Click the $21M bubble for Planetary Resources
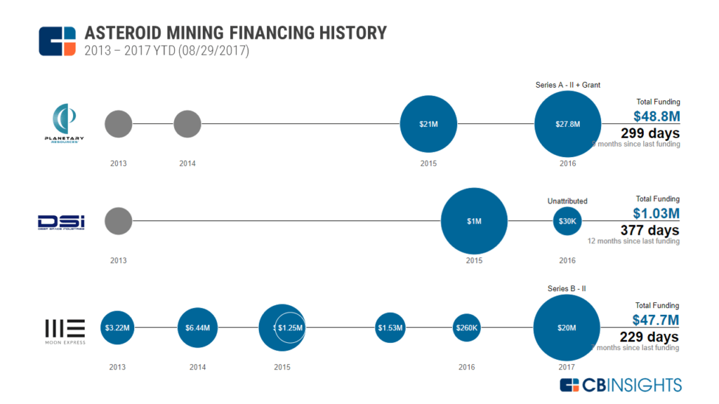[x=428, y=124]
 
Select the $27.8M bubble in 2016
[x=567, y=124]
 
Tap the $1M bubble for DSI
[x=474, y=221]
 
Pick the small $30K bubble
[x=567, y=221]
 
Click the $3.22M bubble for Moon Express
[x=117, y=328]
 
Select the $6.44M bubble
[x=197, y=328]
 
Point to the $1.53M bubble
[x=390, y=328]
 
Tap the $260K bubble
[x=466, y=328]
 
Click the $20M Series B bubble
[x=567, y=328]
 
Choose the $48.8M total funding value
[x=657, y=116]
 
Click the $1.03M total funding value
[x=657, y=214]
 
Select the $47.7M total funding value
[x=657, y=321]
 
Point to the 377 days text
[x=649, y=230]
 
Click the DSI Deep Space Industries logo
[x=61, y=222]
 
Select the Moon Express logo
[x=65, y=330]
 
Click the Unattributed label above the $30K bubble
[x=567, y=201]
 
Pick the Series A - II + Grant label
[x=567, y=85]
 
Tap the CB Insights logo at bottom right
[x=621, y=384]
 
